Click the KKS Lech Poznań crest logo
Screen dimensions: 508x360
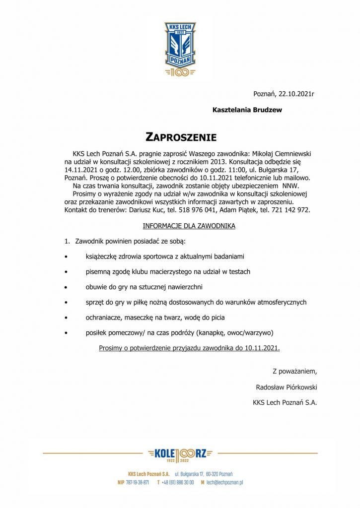(x=180, y=49)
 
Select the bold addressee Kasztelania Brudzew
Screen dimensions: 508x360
(x=247, y=110)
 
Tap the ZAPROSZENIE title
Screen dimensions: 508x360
(x=181, y=136)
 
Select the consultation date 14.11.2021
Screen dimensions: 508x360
(x=81, y=169)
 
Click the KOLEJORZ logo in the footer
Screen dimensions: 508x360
(x=180, y=453)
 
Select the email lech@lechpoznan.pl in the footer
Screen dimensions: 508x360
(x=224, y=482)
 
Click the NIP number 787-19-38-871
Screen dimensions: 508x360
(x=137, y=482)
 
